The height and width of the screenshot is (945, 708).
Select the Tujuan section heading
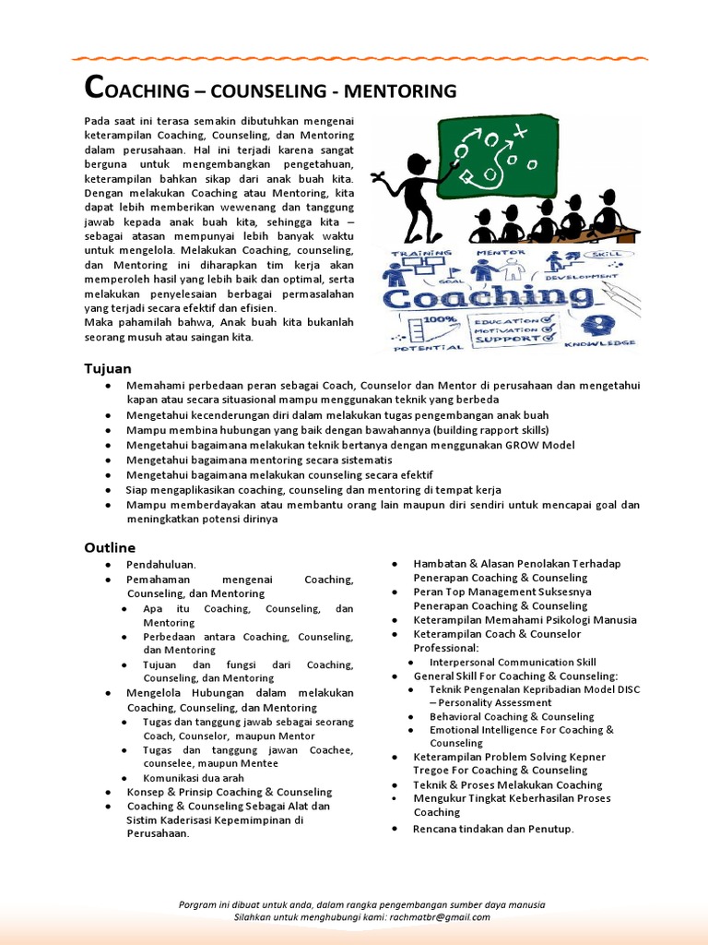click(x=108, y=368)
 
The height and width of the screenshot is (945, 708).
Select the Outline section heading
click(x=110, y=547)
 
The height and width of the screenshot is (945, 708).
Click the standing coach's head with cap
click(x=417, y=164)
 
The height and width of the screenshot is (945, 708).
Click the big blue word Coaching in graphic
click(x=489, y=298)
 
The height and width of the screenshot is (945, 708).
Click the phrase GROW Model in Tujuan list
click(x=539, y=445)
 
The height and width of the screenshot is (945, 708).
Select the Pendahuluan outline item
click(x=161, y=564)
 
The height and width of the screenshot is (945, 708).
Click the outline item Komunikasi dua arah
click(x=194, y=778)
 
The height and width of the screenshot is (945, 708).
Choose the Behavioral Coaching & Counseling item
click(x=512, y=716)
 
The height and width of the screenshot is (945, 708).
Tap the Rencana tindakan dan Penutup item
click(x=493, y=829)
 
